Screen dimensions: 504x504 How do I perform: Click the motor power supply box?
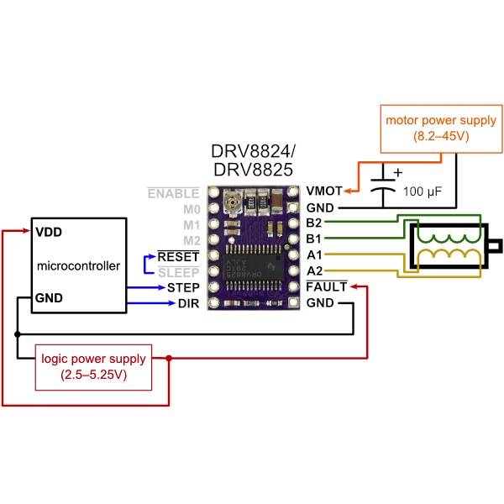440,128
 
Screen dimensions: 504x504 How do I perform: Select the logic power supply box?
94,366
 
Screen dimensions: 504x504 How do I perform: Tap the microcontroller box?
78,265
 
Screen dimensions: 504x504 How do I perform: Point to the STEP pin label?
183,287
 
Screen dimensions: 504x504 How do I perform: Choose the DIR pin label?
188,303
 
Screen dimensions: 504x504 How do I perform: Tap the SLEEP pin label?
179,271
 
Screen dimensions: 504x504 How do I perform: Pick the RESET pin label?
178,255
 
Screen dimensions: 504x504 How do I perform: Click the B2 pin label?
315,223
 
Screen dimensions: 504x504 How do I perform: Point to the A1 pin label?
315,255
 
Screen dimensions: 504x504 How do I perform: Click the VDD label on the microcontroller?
49,232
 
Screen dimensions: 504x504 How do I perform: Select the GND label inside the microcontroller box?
50,297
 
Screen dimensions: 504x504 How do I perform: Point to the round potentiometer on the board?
232,201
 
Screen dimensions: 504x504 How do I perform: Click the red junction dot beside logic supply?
170,359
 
